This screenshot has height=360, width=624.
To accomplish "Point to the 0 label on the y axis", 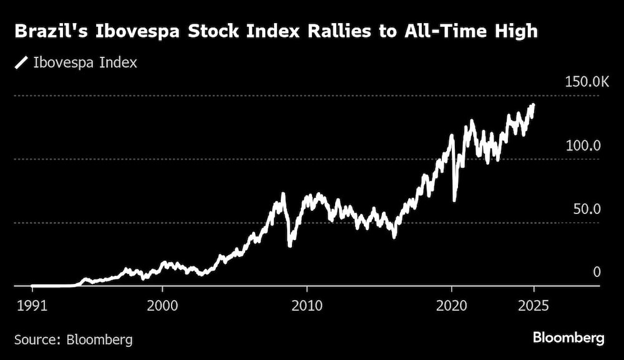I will tap(597, 272).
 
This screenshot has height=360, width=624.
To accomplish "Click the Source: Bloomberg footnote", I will tap(73, 340).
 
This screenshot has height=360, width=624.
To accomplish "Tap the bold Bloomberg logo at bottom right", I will tap(568, 338).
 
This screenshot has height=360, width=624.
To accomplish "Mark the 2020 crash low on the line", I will tap(454, 200).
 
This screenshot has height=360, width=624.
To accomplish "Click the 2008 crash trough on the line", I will tap(290, 245).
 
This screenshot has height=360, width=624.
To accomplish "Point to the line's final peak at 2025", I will tap(533, 105).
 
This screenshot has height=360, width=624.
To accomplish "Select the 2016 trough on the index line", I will tap(394, 236).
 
